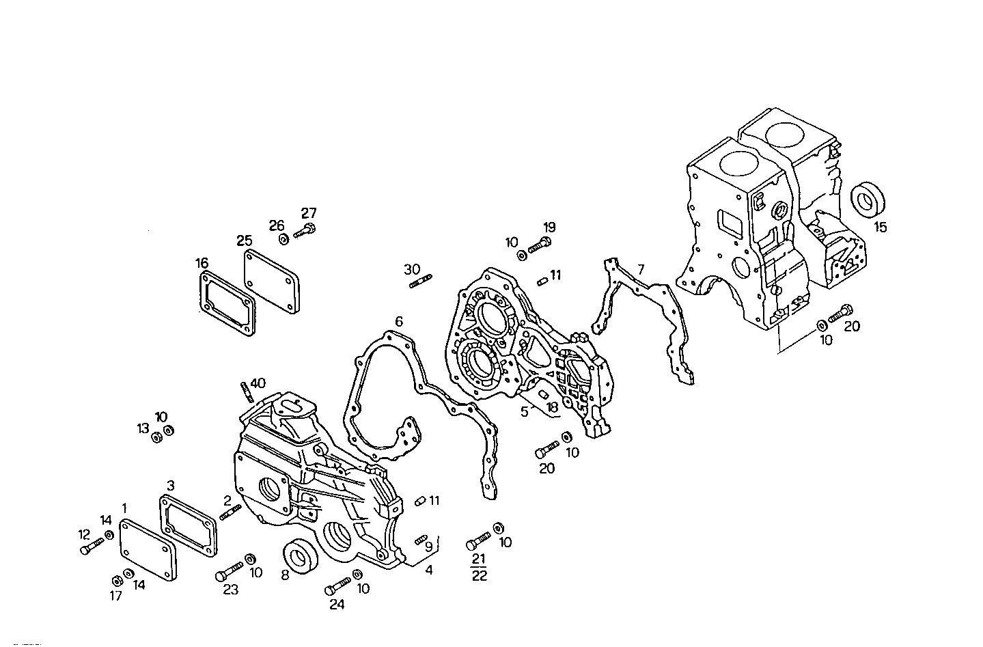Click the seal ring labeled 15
pos(868,199)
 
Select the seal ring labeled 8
pos(298,555)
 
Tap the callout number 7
pos(640,269)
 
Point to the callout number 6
pos(399,321)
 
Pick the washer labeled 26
pos(283,239)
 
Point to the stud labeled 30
pos(419,281)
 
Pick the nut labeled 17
pos(116,580)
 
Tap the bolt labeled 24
pos(338,586)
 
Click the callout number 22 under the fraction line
pos(480,575)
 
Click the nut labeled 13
pos(155,437)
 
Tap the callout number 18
pos(552,407)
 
